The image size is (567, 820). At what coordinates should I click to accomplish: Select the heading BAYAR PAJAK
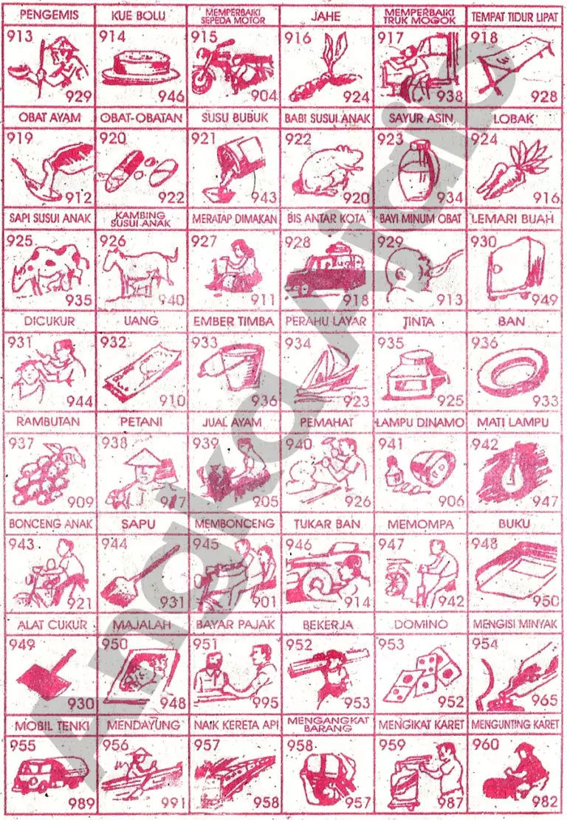coord(235,624)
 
